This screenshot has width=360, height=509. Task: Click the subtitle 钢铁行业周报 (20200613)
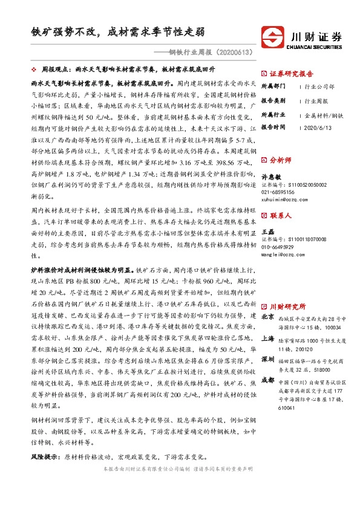205,53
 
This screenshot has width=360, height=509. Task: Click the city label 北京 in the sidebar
267,317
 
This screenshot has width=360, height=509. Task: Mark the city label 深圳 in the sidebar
267,360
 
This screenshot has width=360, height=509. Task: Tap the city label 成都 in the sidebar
267,380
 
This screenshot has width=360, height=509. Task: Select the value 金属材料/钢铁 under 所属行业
324,114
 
